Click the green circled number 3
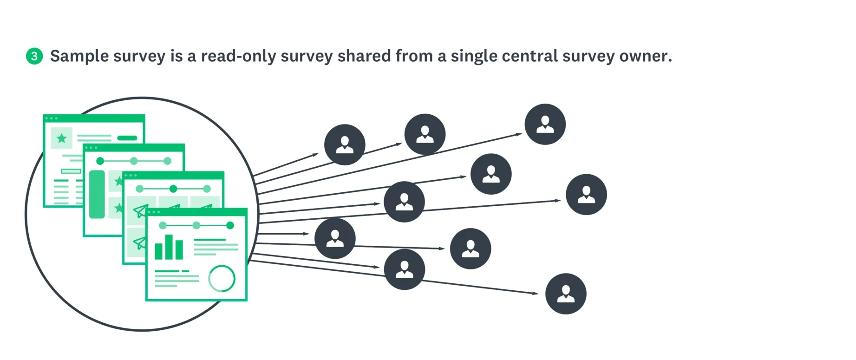pyautogui.click(x=34, y=56)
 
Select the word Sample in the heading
pyautogui.click(x=79, y=56)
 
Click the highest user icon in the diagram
pyautogui.click(x=545, y=124)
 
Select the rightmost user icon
pyautogui.click(x=586, y=194)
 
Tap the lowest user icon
pyautogui.click(x=566, y=294)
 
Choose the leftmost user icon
pyautogui.click(x=335, y=238)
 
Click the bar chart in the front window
pyautogui.click(x=169, y=248)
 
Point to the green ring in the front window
pyautogui.click(x=222, y=278)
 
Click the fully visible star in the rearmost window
pyautogui.click(x=61, y=138)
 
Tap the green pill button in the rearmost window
pyautogui.click(x=127, y=138)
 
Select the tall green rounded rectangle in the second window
pyautogui.click(x=97, y=194)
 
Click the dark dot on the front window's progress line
pyautogui.click(x=230, y=225)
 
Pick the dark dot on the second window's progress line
pyautogui.click(x=100, y=161)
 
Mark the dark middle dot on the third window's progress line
pyautogui.click(x=173, y=189)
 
